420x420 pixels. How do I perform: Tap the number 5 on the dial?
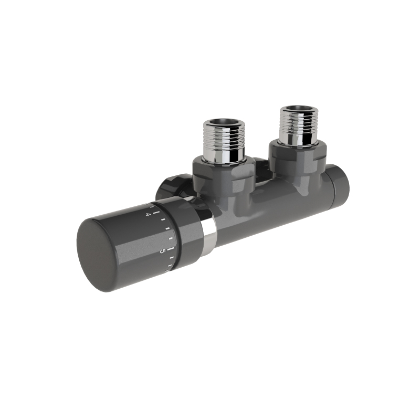[162, 251]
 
